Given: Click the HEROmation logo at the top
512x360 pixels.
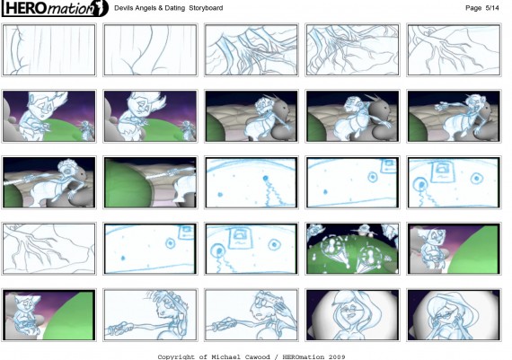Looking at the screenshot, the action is [x=55, y=8].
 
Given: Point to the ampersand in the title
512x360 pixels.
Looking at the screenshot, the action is [x=160, y=8].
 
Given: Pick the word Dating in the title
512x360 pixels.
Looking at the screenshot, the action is [x=174, y=8].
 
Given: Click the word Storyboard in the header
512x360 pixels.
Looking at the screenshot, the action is [x=206, y=8].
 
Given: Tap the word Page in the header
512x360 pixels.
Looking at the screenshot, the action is [x=473, y=8].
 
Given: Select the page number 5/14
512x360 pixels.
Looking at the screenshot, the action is [x=492, y=8].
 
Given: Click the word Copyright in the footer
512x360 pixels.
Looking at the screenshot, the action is [x=177, y=356].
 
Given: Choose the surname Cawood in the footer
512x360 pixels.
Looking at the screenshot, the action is [x=257, y=356].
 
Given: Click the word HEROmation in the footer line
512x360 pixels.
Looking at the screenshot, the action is [x=304, y=356].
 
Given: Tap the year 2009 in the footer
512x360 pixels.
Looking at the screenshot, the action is [x=337, y=356].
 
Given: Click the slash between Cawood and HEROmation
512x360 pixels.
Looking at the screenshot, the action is [x=277, y=356].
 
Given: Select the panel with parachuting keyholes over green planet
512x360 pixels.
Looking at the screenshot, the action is [x=353, y=249].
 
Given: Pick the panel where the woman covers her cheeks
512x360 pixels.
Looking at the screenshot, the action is [x=454, y=315].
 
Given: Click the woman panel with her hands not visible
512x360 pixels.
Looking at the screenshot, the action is [x=353, y=315].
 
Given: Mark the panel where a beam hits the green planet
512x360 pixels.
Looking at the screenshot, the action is [x=150, y=182].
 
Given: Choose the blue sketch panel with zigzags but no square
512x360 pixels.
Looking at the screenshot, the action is [x=252, y=182].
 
